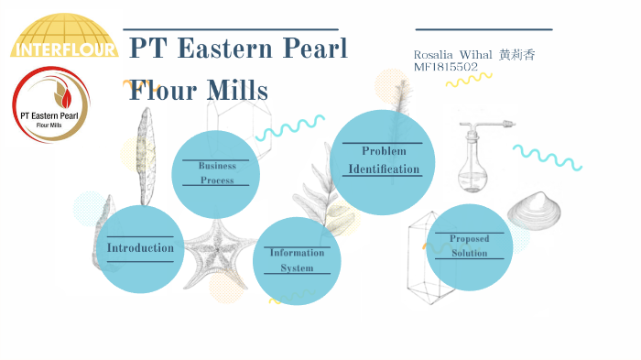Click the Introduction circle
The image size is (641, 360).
[140, 248]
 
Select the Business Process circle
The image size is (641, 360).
[216, 173]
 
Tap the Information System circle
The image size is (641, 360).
[297, 260]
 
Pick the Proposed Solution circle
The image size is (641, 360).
[469, 245]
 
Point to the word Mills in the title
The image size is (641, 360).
[236, 91]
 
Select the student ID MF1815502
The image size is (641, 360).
[445, 68]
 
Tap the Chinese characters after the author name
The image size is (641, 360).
[516, 55]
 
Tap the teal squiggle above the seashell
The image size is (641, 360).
[547, 157]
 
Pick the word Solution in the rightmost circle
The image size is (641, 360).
[469, 253]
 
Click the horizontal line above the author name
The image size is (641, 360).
[483, 29]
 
